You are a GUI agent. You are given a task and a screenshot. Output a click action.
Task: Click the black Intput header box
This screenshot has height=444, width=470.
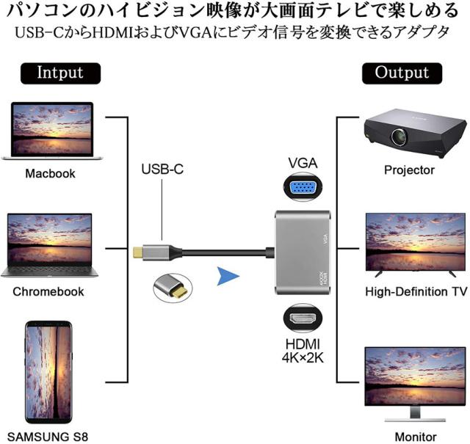click(x=60, y=73)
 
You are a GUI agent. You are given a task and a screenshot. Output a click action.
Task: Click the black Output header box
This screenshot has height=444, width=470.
click(x=402, y=73)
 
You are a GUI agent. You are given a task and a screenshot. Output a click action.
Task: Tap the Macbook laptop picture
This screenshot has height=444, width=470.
click(x=52, y=131)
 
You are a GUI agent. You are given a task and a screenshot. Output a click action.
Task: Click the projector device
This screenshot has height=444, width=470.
click(x=407, y=132)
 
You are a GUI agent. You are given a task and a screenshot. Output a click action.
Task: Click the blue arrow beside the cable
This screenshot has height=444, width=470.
click(x=230, y=277)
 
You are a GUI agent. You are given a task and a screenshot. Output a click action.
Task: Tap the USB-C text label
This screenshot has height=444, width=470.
click(x=162, y=170)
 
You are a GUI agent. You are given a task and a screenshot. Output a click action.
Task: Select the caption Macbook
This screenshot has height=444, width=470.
click(x=50, y=174)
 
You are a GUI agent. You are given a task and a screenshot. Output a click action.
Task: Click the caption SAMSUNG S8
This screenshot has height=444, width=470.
click(x=50, y=437)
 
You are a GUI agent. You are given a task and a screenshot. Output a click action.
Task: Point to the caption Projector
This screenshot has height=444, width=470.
click(x=409, y=170)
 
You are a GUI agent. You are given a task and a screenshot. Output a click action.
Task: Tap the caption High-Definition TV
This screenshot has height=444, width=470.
click(x=416, y=291)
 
